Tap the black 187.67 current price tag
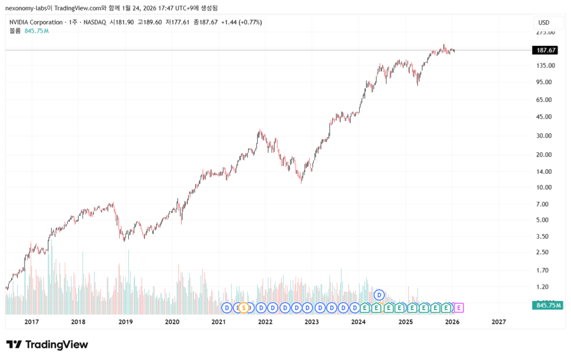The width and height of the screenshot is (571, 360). [x=547, y=50]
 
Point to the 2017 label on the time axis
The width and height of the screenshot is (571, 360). [x=32, y=322]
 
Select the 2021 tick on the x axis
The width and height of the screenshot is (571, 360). [x=219, y=322]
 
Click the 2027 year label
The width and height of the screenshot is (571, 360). [x=499, y=322]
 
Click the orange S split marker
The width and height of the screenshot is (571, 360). [x=243, y=308]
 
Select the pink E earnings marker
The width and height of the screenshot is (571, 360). [x=459, y=308]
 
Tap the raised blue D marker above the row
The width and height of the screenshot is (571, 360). [x=379, y=294]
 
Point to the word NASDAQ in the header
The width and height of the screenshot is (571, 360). [x=94, y=22]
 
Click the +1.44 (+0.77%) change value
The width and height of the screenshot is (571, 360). [x=241, y=22]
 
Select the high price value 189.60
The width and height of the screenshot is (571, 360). [x=152, y=22]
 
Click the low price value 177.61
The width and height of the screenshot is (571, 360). [x=181, y=22]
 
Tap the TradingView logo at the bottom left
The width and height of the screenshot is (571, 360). [x=47, y=344]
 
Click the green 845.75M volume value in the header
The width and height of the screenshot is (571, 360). [x=37, y=31]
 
